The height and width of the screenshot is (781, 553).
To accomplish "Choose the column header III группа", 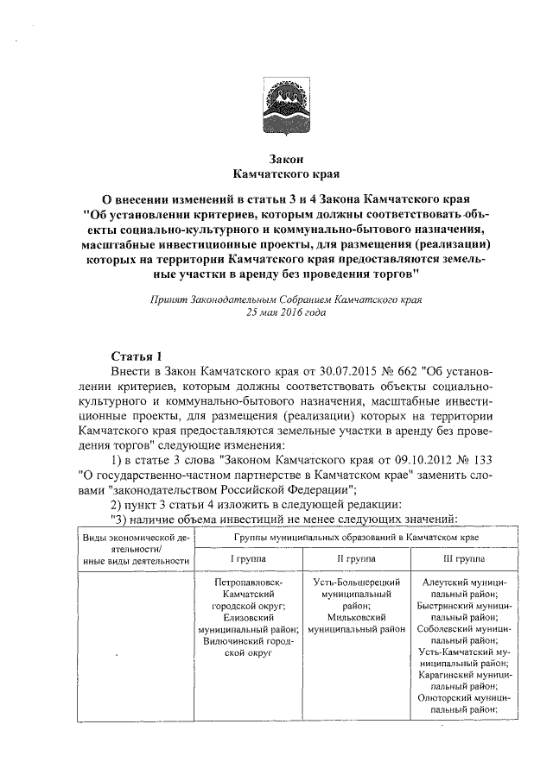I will (457, 560).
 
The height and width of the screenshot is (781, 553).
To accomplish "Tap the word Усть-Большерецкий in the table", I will (355, 583).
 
